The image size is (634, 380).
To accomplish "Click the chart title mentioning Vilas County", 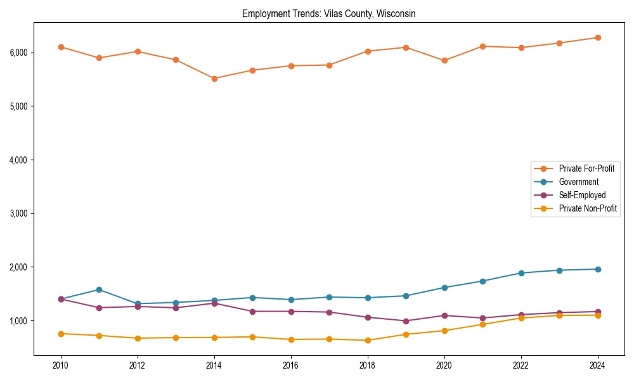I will [328, 13].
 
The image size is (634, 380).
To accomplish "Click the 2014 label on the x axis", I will [214, 365].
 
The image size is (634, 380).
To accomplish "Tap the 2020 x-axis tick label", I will [444, 365].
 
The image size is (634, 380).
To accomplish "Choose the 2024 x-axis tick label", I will [598, 365].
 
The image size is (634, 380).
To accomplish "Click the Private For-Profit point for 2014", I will [214, 79].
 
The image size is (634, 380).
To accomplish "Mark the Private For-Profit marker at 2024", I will [598, 38].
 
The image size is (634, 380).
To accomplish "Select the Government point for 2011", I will [99, 289].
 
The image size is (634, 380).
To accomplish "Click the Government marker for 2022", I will [521, 273].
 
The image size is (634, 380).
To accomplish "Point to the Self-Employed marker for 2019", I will [406, 321].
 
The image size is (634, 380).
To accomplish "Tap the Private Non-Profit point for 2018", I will [368, 340].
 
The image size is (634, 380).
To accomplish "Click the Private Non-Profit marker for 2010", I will [61, 334].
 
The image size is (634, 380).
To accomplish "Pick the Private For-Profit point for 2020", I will [444, 61].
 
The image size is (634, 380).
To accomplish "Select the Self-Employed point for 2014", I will [214, 303].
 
